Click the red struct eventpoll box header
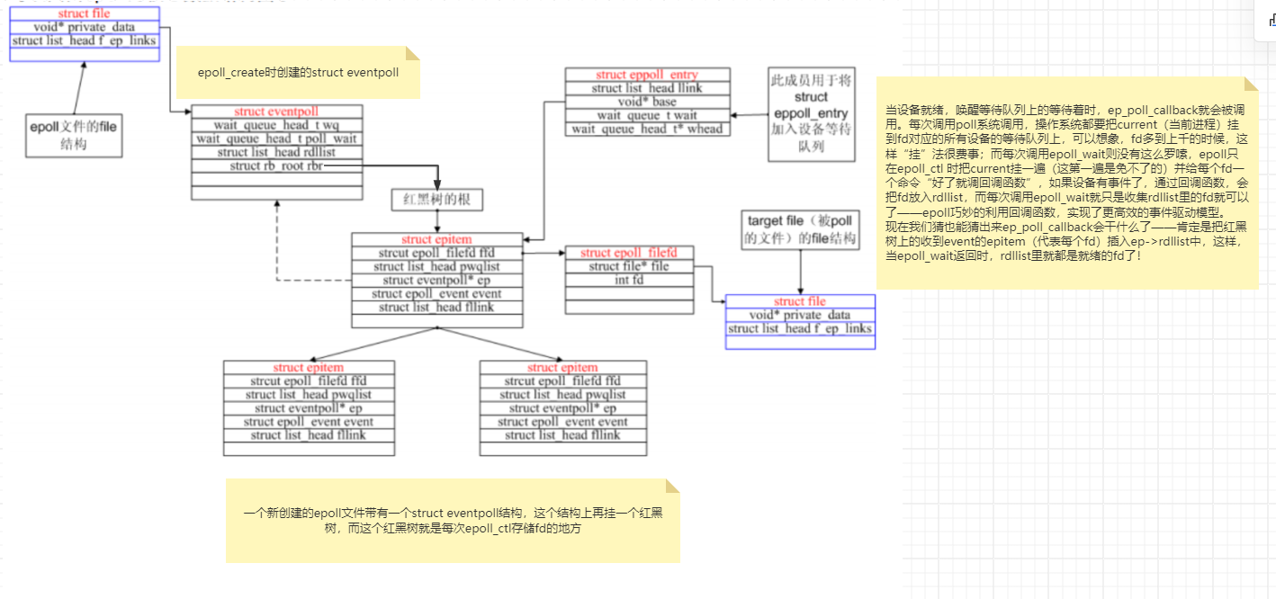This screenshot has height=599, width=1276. (276, 112)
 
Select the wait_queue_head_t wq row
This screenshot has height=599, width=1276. (276, 125)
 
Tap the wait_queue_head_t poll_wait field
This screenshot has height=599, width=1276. (276, 139)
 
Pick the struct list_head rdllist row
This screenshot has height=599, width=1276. (276, 152)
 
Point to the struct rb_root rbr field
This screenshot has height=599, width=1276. (276, 165)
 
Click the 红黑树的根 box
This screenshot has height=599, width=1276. (437, 199)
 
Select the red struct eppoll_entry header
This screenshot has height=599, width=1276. (646, 75)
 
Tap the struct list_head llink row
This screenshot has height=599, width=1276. (646, 88)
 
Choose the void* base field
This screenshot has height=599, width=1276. (646, 102)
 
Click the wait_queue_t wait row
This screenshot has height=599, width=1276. (646, 115)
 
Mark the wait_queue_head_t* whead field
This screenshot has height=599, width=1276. (646, 129)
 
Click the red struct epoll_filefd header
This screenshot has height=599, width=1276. (629, 253)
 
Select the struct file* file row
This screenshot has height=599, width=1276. (629, 266)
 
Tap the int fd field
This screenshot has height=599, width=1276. (629, 280)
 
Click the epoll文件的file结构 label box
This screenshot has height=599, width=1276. (74, 136)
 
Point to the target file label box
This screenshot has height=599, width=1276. (800, 229)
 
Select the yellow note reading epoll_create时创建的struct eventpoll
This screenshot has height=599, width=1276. (299, 72)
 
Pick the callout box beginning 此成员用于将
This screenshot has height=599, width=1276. (810, 114)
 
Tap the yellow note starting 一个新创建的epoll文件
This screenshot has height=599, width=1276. (453, 521)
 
